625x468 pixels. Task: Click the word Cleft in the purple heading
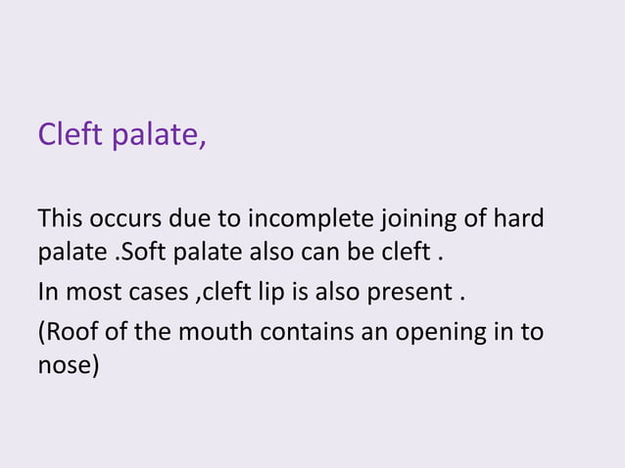70,133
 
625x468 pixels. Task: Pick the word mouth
218,332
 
